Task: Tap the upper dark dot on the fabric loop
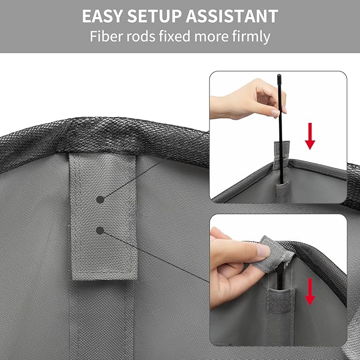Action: pos(100,199)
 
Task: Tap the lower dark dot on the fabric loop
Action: pos(100,230)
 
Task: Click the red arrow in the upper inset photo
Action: pos(310,137)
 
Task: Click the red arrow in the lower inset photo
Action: pos(310,292)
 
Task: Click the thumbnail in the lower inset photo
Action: pos(264,250)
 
